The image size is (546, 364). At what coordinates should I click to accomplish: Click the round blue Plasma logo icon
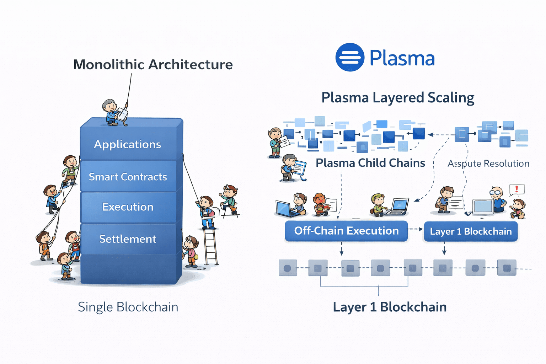tap(350, 57)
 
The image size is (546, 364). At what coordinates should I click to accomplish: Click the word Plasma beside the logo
tap(402, 58)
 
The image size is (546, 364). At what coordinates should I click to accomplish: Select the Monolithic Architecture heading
tap(153, 65)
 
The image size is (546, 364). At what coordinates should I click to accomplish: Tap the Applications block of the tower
tap(128, 144)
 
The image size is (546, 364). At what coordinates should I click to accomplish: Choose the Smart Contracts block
tap(128, 177)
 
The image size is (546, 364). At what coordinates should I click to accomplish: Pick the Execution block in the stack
tap(128, 207)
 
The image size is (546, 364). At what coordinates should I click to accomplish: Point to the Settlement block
tap(128, 239)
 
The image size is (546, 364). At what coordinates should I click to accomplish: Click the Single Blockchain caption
tap(128, 307)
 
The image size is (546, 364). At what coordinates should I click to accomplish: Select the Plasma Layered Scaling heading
tap(398, 98)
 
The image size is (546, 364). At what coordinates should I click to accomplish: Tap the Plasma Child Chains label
tap(370, 163)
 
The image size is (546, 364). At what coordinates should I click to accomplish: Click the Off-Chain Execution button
tap(346, 231)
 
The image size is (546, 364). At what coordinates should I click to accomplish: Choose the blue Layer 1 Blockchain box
tap(471, 231)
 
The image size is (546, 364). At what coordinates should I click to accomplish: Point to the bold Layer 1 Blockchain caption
tap(390, 307)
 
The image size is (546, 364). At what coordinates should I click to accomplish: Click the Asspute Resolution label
tap(488, 164)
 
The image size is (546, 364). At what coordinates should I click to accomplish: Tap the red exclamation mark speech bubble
tap(516, 189)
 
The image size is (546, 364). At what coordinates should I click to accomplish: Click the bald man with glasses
tap(498, 199)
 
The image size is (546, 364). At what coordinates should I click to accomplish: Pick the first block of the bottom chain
tap(288, 268)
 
